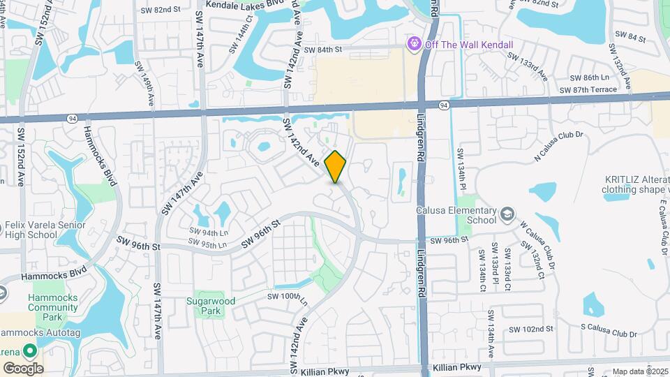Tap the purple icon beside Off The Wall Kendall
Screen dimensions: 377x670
click(x=415, y=44)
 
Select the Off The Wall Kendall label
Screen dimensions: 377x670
click(x=469, y=45)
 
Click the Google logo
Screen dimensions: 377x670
click(x=23, y=368)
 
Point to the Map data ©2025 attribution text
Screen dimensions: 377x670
click(x=641, y=371)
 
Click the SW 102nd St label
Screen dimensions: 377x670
click(x=530, y=329)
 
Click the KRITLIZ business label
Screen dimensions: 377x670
click(x=637, y=184)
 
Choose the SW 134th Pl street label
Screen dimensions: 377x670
click(x=461, y=168)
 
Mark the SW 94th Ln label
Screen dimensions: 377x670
click(x=209, y=232)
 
